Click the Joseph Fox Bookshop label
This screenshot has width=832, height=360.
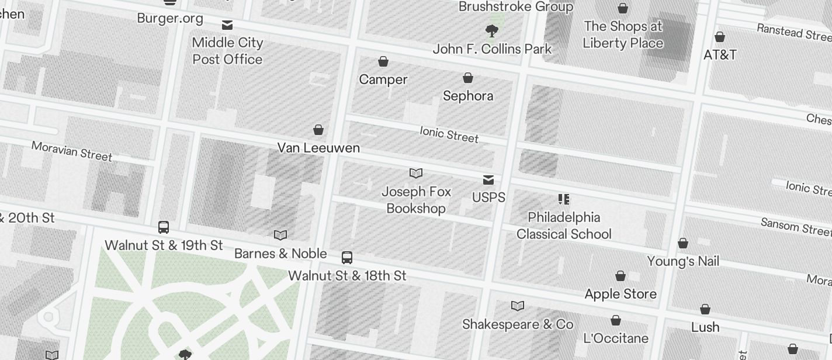pos(416,200)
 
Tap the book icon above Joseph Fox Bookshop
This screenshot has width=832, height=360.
pos(416,173)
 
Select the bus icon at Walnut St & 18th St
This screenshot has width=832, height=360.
pos(346,257)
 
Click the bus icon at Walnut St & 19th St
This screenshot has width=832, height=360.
pos(164,227)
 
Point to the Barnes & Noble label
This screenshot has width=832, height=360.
pos(280,254)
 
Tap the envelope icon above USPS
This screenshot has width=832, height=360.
pos(488,180)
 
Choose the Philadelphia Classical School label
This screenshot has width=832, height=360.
pos(564,226)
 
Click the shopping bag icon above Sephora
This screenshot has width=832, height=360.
pos(468,78)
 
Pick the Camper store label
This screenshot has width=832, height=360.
pos(383,79)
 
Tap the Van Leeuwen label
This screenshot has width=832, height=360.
pos(318,148)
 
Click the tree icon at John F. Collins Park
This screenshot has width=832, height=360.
pos(492,30)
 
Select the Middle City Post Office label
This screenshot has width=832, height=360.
pos(227,51)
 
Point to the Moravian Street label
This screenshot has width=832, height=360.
pos(72,151)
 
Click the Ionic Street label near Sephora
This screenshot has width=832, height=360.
pos(449,134)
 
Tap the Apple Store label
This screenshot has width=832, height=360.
pos(620,294)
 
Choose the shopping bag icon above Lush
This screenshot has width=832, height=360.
pos(705,309)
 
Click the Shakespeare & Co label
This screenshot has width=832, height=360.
pos(518,324)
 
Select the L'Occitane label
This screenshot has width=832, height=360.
pos(616,338)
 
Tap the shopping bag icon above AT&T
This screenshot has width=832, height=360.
pos(720,37)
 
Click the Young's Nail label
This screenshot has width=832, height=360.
pos(683,261)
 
